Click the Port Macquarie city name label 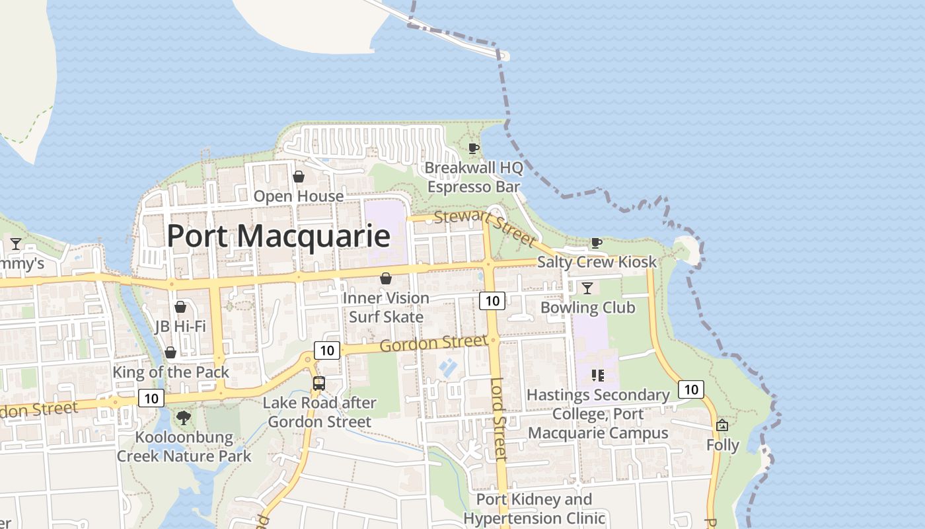coord(278,236)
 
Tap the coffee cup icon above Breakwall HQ coord(473,148)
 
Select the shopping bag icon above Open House coord(299,177)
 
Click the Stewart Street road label coord(484,226)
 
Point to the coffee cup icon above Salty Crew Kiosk coord(596,243)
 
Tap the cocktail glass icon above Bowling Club coord(587,288)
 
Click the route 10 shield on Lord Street coord(492,302)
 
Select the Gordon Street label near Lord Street coord(433,344)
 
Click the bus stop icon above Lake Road coord(319,383)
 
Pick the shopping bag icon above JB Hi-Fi coord(180,307)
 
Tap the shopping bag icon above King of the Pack coord(170,352)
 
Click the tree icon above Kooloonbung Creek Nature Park coord(183,417)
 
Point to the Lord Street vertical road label coord(499,419)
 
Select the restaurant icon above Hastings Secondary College coord(597,376)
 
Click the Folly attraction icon coord(722,425)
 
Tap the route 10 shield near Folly coord(690,389)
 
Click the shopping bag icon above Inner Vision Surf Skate coord(386,278)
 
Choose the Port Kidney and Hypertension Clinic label coord(534,509)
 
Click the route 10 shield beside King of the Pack coord(151,398)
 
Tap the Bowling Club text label coord(587,307)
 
